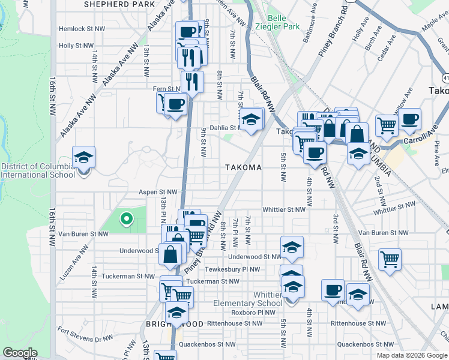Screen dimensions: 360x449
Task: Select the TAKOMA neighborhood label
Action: [x=243, y=168]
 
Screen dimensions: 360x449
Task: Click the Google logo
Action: [x=20, y=353]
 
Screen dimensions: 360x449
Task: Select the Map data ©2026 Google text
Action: [x=411, y=355]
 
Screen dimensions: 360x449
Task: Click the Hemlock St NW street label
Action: [x=76, y=29]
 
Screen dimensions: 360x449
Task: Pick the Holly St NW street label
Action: [x=76, y=46]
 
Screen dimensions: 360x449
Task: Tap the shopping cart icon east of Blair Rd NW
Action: [x=390, y=259]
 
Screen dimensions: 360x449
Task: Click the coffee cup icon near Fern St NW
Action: [x=175, y=104]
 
